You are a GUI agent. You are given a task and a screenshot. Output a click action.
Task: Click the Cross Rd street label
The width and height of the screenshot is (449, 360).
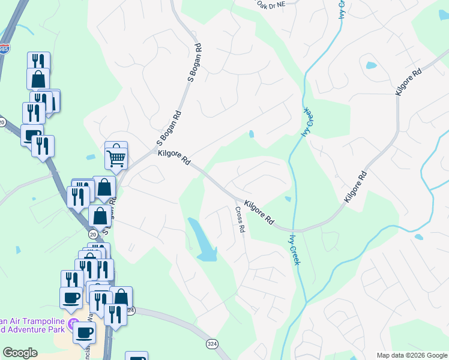coord(240,220)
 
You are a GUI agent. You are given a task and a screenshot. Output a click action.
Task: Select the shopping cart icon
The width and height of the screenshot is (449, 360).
coord(116,157)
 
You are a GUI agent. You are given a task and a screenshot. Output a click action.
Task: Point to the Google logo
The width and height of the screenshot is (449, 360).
coord(20,353)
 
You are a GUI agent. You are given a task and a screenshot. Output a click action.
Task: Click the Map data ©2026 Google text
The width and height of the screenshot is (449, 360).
coord(411,355)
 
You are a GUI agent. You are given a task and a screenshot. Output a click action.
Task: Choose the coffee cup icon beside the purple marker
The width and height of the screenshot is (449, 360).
coord(85,332)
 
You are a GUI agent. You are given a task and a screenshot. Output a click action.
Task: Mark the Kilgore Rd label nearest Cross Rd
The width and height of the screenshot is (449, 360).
coord(259,212)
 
